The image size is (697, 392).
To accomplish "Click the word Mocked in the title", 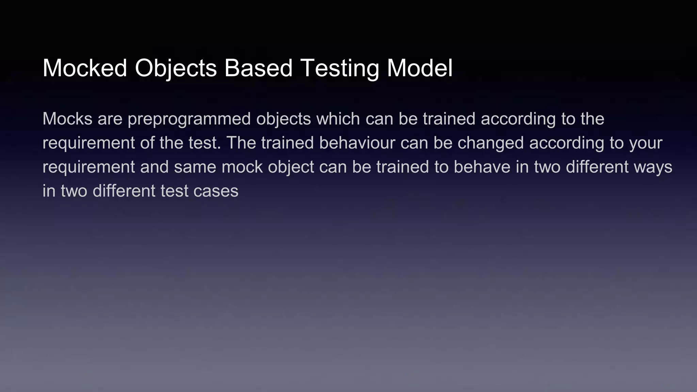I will point(85,68).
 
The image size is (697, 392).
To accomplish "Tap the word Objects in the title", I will point(176,68).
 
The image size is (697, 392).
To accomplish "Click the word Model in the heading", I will point(420,68).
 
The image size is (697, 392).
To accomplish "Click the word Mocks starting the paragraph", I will point(67,119).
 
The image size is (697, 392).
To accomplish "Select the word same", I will point(195,167).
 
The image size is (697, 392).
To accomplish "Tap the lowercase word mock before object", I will point(242,167).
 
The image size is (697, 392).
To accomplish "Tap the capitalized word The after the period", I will point(241,143).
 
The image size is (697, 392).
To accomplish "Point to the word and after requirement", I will point(154,167).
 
